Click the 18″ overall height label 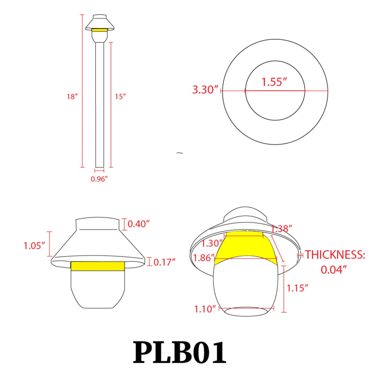coord(72,96)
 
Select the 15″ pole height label coord(120,96)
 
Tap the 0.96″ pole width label coord(99,179)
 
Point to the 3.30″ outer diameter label coord(205,89)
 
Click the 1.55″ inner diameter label coord(274,82)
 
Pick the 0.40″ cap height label coord(138,224)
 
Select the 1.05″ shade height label coord(34,246)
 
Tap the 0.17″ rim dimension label coord(164,262)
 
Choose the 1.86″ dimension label coord(204,258)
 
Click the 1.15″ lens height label coord(297,288)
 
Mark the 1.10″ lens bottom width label coord(205,309)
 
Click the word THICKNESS coord(335,255)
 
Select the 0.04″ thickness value coord(333,270)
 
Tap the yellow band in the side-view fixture coord(97,266)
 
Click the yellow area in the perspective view coord(245,246)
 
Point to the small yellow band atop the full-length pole coord(99,30)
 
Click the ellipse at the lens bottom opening coord(246,311)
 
